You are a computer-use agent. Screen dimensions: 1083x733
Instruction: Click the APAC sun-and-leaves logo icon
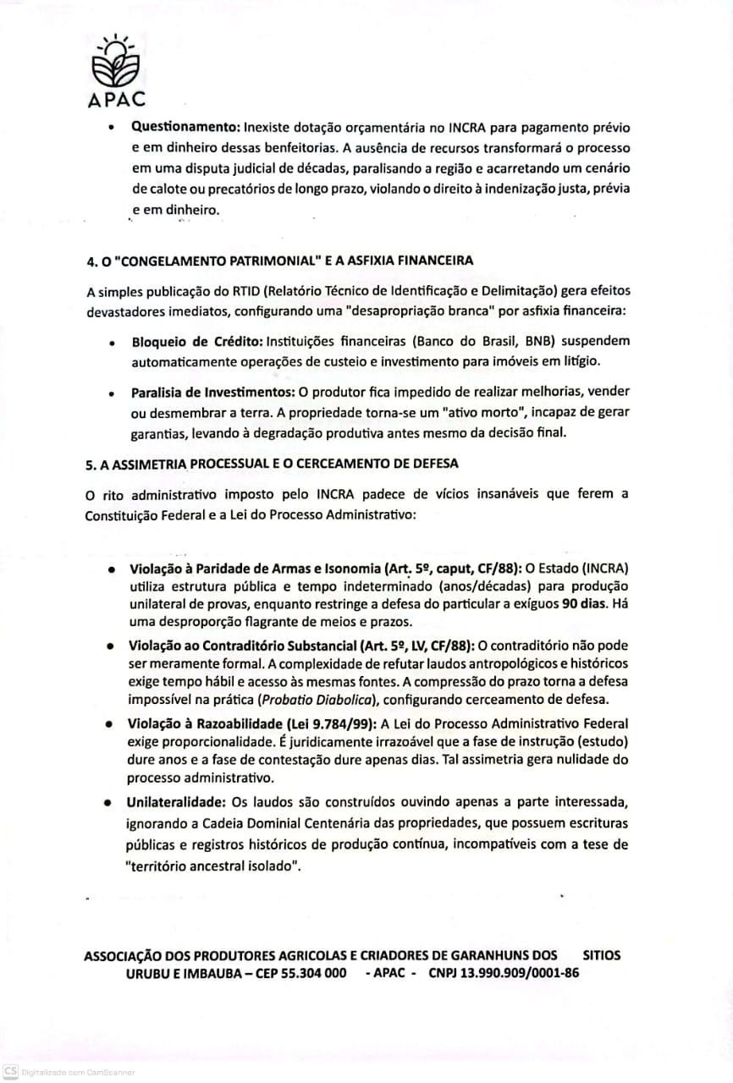coord(116,60)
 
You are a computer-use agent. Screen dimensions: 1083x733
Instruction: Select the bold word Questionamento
coord(185,128)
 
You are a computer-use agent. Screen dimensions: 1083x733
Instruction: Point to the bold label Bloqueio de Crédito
coord(197,342)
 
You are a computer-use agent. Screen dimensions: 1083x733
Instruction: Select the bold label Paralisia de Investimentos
coord(212,393)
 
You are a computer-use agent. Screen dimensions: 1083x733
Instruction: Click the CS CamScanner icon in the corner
coord(10,1070)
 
